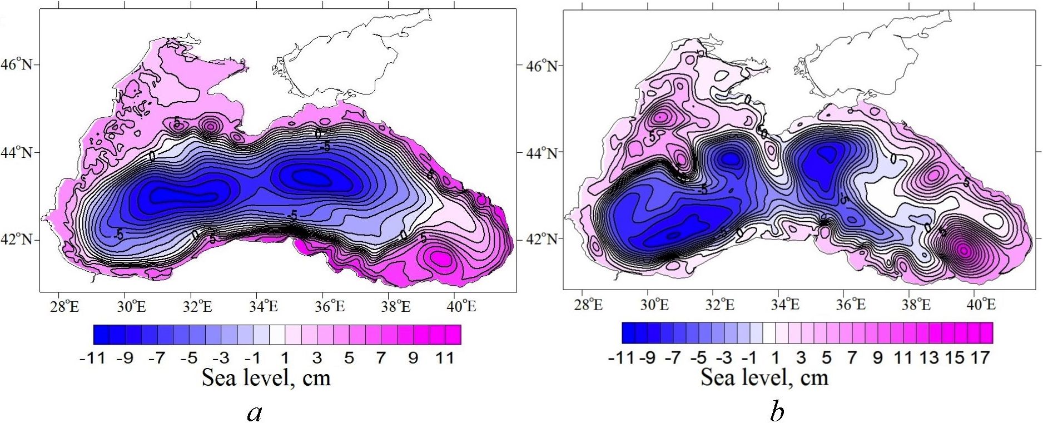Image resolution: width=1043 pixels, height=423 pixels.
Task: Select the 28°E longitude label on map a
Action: (64, 306)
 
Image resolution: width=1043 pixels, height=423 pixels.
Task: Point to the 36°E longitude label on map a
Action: (329, 306)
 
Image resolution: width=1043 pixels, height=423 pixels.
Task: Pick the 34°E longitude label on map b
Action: (784, 305)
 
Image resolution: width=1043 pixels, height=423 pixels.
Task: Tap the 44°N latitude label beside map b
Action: (542, 152)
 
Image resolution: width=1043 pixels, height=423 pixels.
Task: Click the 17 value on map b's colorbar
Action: (980, 357)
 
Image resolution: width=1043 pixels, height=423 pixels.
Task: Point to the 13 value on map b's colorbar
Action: (929, 357)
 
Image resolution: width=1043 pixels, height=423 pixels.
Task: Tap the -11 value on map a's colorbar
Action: (92, 358)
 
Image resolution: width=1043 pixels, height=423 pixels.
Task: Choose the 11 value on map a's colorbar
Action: (445, 358)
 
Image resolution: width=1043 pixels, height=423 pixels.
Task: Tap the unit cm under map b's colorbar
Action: (814, 378)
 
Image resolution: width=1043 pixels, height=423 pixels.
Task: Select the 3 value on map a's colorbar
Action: (317, 358)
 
